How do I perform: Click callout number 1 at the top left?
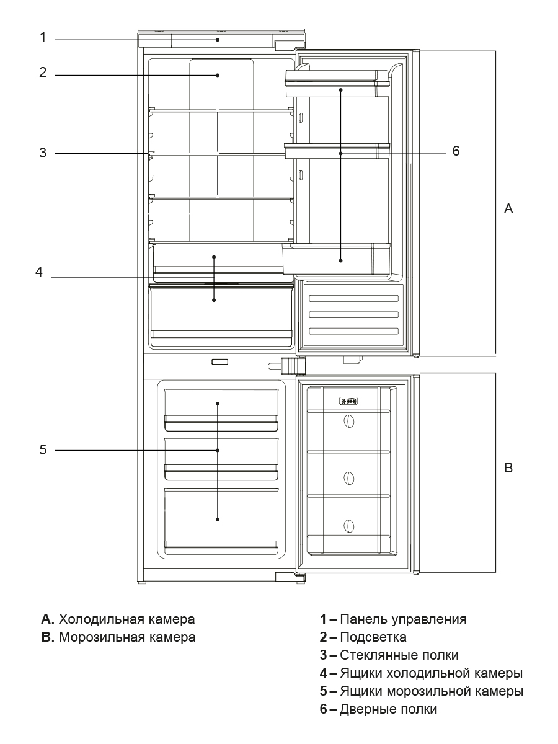pyautogui.click(x=43, y=37)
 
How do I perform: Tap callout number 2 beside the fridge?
pyautogui.click(x=43, y=73)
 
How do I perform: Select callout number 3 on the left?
pyautogui.click(x=43, y=153)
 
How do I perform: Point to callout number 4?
pyautogui.click(x=38, y=272)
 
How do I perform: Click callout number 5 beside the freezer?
pyautogui.click(x=43, y=450)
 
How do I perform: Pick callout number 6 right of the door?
pyautogui.click(x=456, y=151)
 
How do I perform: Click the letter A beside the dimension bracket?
pyautogui.click(x=508, y=210)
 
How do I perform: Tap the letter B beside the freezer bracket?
pyautogui.click(x=508, y=468)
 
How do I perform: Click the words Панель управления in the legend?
pyautogui.click(x=403, y=619)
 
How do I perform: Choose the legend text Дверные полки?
pyautogui.click(x=388, y=709)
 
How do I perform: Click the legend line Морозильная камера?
pyautogui.click(x=126, y=637)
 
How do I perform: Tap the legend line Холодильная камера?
pyautogui.click(x=126, y=619)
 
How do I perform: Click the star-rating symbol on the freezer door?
pyautogui.click(x=348, y=401)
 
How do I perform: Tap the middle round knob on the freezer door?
pyautogui.click(x=349, y=479)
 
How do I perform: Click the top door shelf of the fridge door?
pyautogui.click(x=337, y=84)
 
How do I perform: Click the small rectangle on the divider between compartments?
pyautogui.click(x=219, y=362)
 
